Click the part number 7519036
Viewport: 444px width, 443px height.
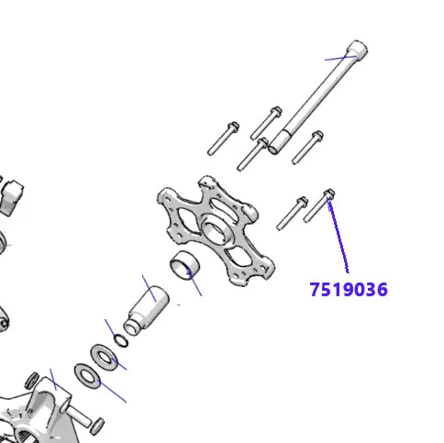coord(348,290)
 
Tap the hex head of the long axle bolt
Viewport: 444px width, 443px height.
coord(358,50)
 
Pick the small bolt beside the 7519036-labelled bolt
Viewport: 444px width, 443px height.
coord(291,212)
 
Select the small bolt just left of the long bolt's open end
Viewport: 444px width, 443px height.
coord(251,154)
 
